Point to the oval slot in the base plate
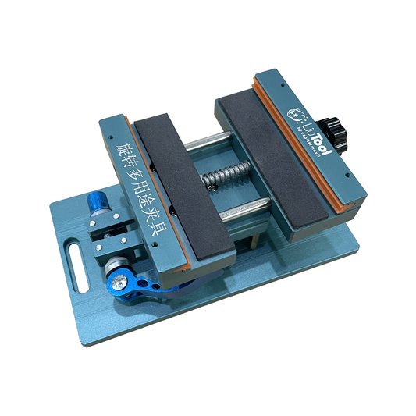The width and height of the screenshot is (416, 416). click(73, 257)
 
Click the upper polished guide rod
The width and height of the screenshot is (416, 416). click(208, 144)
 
